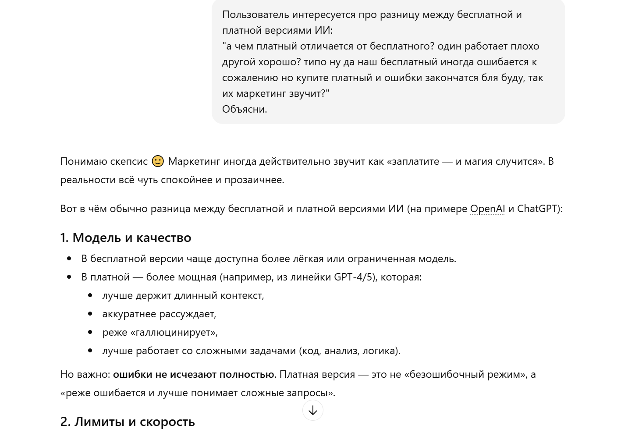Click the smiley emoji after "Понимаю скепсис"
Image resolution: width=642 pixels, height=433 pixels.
click(x=158, y=161)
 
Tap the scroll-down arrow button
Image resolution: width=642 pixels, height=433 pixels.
click(x=313, y=411)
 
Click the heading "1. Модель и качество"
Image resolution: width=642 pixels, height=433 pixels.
click(x=126, y=238)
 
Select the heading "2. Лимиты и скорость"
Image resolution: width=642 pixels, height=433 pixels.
click(x=128, y=422)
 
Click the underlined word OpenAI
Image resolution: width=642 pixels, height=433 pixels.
click(x=487, y=209)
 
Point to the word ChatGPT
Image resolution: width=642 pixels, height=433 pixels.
click(x=537, y=209)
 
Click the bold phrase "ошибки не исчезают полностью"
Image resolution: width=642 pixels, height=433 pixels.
click(x=194, y=374)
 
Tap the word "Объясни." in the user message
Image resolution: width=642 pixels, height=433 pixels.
click(x=245, y=109)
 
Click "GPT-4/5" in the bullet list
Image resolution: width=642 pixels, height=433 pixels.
click(x=355, y=277)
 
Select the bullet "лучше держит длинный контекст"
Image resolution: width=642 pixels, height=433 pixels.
click(x=183, y=295)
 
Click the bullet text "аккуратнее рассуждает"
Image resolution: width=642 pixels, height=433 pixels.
click(x=159, y=314)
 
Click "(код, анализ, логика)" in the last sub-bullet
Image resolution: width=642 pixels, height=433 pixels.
click(x=350, y=351)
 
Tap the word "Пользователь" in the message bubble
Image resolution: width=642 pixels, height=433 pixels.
click(x=255, y=14)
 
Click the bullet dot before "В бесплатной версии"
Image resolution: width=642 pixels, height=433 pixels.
click(x=69, y=259)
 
